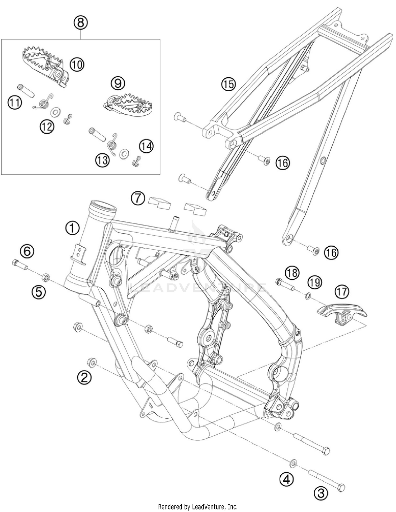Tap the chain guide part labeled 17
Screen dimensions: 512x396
[342, 313]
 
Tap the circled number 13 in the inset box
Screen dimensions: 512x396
[102, 160]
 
